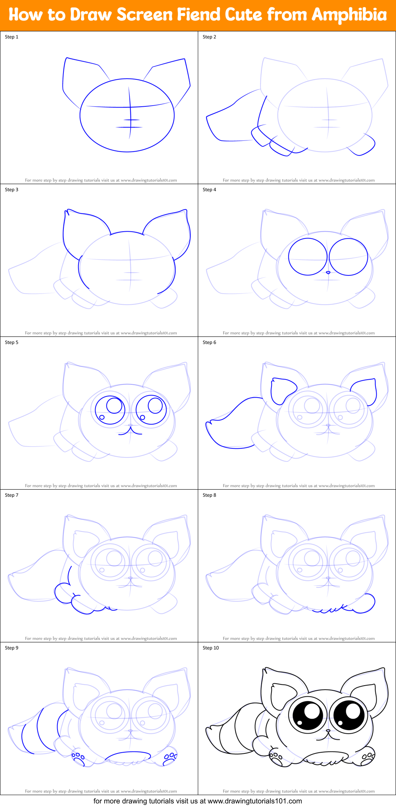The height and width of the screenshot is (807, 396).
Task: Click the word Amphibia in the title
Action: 349,15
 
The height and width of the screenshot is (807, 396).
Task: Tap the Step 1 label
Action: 11,37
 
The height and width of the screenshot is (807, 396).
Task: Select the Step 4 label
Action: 209,190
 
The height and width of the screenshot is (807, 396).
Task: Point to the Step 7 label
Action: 11,495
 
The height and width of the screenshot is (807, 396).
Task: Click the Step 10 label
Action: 210,648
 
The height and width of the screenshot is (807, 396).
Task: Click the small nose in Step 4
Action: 328,273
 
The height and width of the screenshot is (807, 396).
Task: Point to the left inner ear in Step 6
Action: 282,390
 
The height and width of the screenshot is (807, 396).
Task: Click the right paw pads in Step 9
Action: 171,756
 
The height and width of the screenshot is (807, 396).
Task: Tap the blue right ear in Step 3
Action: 170,230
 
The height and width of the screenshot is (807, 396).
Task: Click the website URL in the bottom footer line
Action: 255,801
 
